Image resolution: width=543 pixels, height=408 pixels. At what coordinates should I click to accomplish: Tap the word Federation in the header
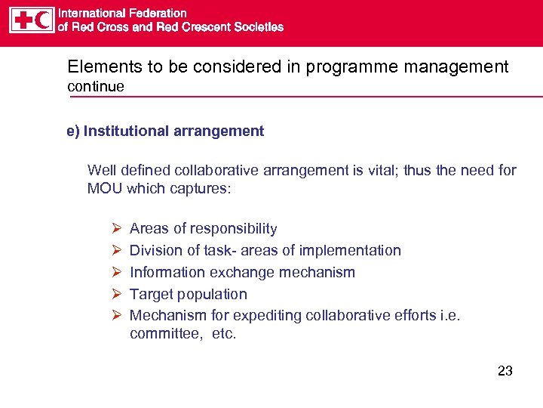[157, 13]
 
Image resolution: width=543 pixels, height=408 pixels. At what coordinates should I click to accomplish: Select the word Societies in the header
[257, 26]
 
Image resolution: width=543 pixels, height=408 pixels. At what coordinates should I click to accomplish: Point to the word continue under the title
[96, 86]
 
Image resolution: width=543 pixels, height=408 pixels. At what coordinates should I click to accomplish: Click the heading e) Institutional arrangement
[165, 131]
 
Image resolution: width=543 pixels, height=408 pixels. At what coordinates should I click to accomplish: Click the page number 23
[505, 371]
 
